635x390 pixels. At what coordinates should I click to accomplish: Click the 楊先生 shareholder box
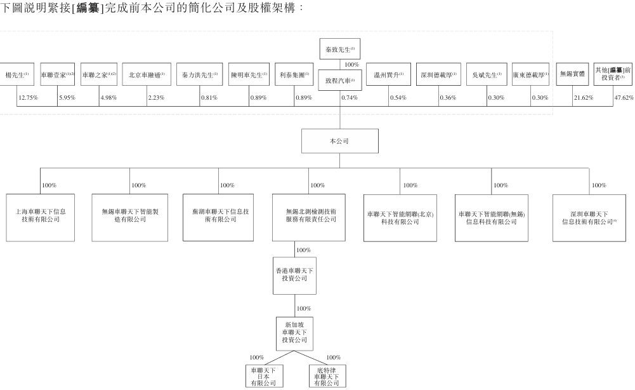(x=16, y=74)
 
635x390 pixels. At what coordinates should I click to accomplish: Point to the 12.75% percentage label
(x=28, y=97)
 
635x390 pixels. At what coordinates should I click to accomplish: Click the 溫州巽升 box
(x=388, y=74)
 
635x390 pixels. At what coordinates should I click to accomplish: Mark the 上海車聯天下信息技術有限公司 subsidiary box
(x=41, y=217)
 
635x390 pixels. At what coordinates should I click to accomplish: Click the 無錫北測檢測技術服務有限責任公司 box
(x=309, y=217)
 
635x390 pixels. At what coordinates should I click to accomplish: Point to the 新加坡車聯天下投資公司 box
(x=295, y=332)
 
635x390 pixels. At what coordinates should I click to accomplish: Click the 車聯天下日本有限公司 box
(x=264, y=375)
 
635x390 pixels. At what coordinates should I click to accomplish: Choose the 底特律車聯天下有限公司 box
(x=327, y=375)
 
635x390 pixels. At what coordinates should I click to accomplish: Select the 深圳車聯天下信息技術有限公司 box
(x=589, y=217)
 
